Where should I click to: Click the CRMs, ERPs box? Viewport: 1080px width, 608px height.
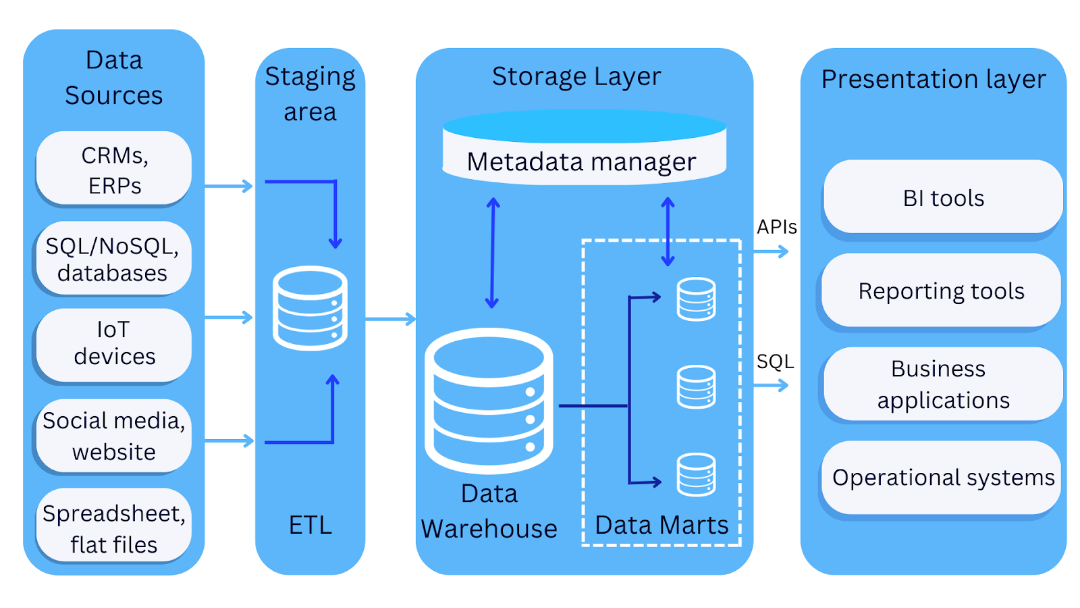click(113, 169)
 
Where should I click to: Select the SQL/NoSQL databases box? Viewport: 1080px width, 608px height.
click(113, 259)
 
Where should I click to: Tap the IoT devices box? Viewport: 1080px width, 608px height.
click(113, 343)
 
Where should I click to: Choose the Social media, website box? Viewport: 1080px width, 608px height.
click(113, 436)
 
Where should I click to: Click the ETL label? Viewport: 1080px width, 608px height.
click(310, 525)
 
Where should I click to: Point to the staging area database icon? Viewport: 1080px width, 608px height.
click(310, 308)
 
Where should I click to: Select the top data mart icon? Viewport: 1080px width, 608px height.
click(696, 299)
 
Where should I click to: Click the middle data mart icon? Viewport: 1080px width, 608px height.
click(696, 386)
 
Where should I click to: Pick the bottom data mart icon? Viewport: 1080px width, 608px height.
click(696, 474)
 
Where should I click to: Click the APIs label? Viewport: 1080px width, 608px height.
click(776, 227)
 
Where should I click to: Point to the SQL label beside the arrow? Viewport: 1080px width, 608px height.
click(775, 361)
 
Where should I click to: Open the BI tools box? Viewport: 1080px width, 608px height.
click(943, 198)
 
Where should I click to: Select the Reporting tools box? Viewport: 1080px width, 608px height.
click(941, 291)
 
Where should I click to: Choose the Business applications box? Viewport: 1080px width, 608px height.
click(942, 384)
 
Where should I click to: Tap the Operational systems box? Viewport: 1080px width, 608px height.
click(942, 478)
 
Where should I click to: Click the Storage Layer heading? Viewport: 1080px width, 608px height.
click(576, 77)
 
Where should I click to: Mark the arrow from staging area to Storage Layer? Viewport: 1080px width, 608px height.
click(390, 318)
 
